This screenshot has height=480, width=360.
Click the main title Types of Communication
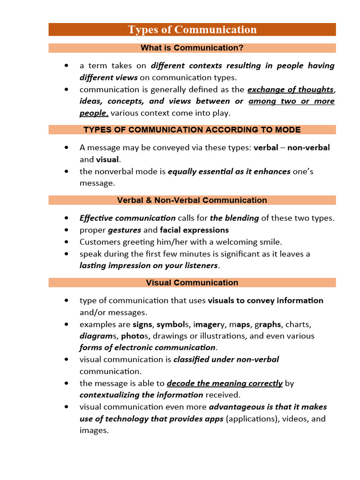pyautogui.click(x=192, y=30)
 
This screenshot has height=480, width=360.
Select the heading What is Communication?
pyautogui.click(x=192, y=48)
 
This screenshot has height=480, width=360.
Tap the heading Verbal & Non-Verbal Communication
pyautogui.click(x=192, y=200)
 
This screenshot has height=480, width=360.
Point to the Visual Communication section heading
pyautogui.click(x=192, y=283)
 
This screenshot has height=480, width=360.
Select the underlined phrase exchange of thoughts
pyautogui.click(x=290, y=90)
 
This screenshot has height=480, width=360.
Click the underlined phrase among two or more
pyautogui.click(x=291, y=101)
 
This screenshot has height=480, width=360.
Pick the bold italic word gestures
pyautogui.click(x=124, y=230)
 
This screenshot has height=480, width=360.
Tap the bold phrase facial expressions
pyautogui.click(x=194, y=230)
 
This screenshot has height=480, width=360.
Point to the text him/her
pyautogui.click(x=175, y=242)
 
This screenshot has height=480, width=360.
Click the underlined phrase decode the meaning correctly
pyautogui.click(x=225, y=383)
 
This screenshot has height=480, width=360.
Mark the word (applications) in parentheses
pyautogui.click(x=253, y=419)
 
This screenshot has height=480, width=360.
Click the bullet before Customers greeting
pyautogui.click(x=68, y=242)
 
